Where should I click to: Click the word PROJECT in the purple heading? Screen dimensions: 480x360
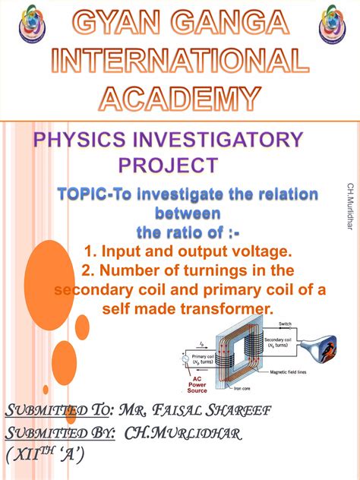tap(168, 164)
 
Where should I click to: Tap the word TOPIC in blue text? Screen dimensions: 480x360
tap(85, 195)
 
